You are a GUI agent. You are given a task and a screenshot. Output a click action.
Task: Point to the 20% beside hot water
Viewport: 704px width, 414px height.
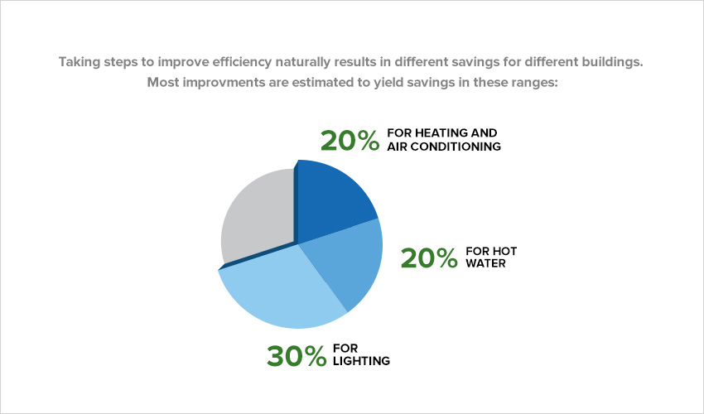tap(428, 258)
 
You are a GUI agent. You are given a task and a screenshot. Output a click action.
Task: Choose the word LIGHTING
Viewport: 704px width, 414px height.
tap(361, 361)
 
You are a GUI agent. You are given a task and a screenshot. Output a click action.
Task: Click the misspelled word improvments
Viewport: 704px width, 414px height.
tap(215, 82)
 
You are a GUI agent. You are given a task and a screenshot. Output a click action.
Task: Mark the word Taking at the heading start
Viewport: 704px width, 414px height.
tap(79, 61)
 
